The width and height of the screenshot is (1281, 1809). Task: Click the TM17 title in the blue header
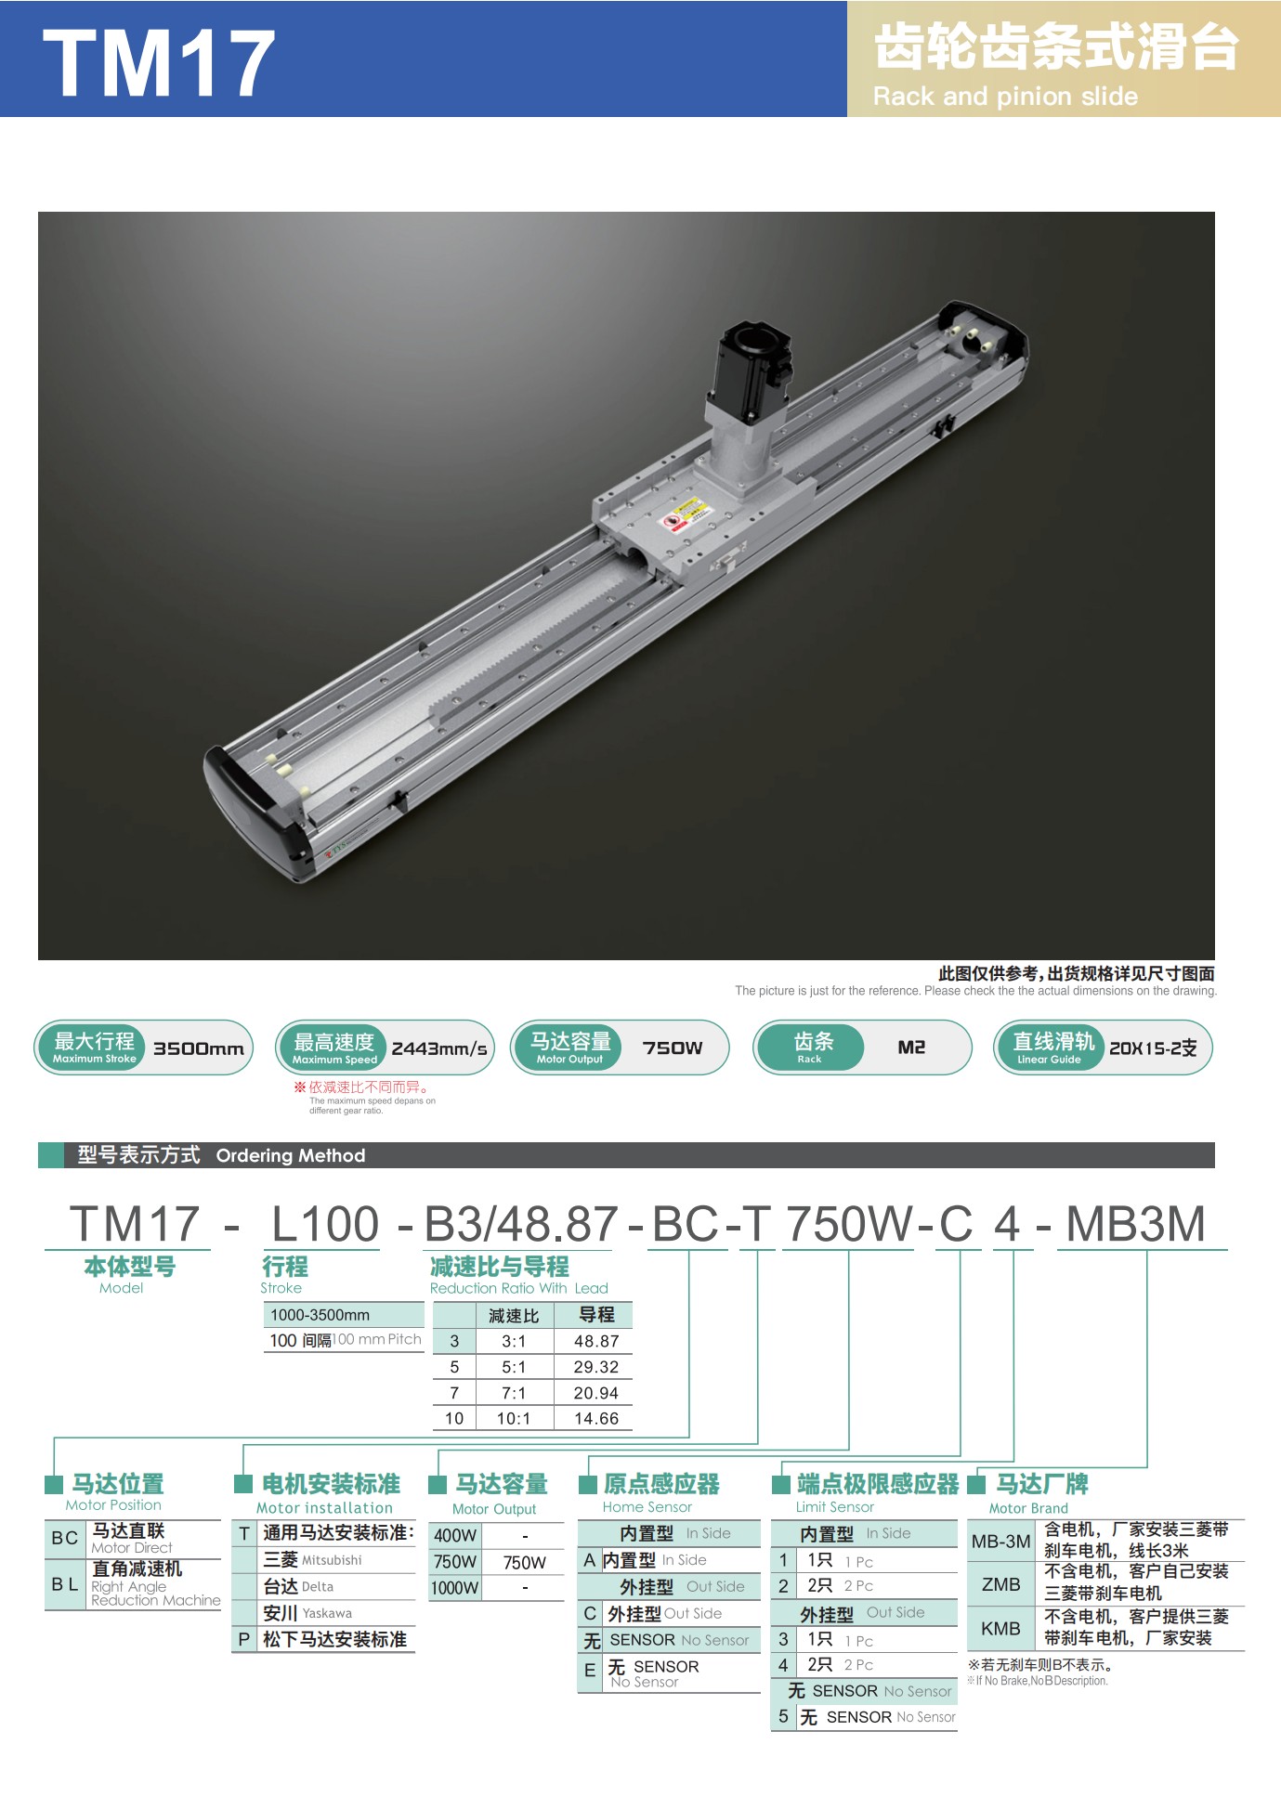[x=159, y=63]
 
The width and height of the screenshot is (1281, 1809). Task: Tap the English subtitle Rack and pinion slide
[x=1005, y=97]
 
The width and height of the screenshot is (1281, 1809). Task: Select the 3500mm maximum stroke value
[x=199, y=1048]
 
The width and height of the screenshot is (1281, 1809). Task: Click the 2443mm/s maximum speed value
[x=439, y=1048]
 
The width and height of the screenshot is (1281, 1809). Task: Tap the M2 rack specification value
[x=911, y=1048]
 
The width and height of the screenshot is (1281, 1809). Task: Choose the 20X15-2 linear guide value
[x=1153, y=1048]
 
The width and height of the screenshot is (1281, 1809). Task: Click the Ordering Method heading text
[x=291, y=1155]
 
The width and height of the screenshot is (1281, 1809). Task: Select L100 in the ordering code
[x=325, y=1223]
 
